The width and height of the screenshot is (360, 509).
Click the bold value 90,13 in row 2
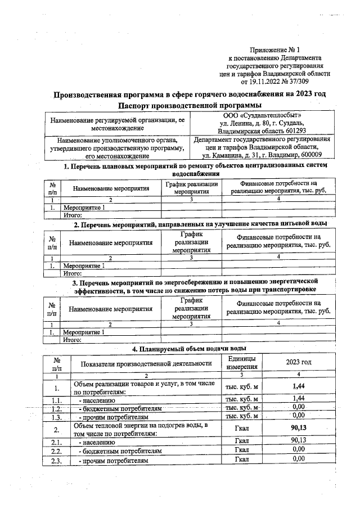pos(298,429)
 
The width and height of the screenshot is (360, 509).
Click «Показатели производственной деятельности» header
pos(146,363)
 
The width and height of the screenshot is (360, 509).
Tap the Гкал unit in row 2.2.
pos(242,451)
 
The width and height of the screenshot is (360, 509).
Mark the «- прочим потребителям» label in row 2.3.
pos(114,461)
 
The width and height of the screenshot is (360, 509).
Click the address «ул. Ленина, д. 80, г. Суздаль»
pos(262,124)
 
